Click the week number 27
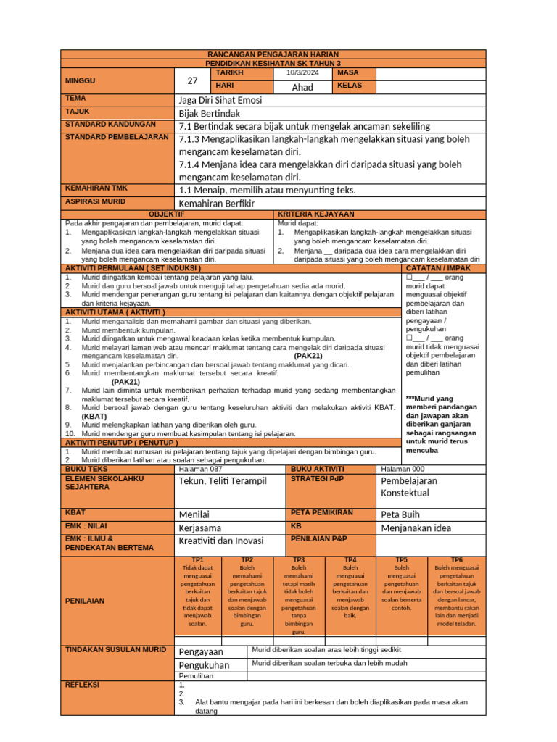click(x=192, y=81)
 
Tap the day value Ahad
click(x=302, y=87)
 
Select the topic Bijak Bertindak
click(x=209, y=113)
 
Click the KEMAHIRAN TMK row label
click(x=96, y=188)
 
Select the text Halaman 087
click(x=201, y=469)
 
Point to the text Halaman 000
click(x=403, y=469)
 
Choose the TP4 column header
click(x=350, y=560)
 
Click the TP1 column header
click(x=197, y=560)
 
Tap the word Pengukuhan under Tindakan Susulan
click(x=204, y=664)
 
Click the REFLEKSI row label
click(x=82, y=684)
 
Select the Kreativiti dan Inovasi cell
click(x=221, y=541)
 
